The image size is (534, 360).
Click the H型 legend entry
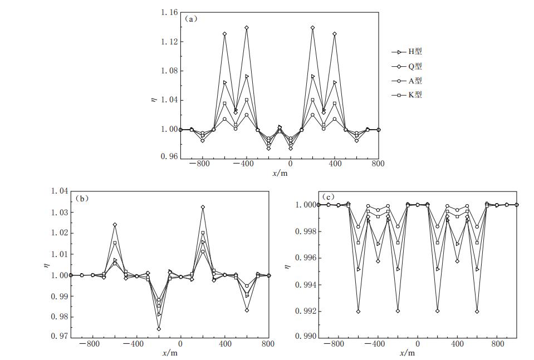point(410,52)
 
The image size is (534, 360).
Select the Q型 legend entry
point(410,66)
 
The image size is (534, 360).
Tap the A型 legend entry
point(410,81)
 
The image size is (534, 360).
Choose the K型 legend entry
point(410,95)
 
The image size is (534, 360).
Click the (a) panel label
point(191,18)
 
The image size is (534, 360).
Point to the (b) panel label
point(82,198)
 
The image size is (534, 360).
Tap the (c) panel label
point(328,197)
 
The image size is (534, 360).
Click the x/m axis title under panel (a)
point(280,173)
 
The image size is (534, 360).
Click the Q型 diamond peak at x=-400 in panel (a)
point(247,27)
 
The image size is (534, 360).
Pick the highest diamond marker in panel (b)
point(203,207)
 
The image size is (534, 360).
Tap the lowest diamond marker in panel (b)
point(159,329)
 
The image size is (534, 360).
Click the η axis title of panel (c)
point(287,267)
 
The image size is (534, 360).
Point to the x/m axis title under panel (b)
point(170,353)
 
